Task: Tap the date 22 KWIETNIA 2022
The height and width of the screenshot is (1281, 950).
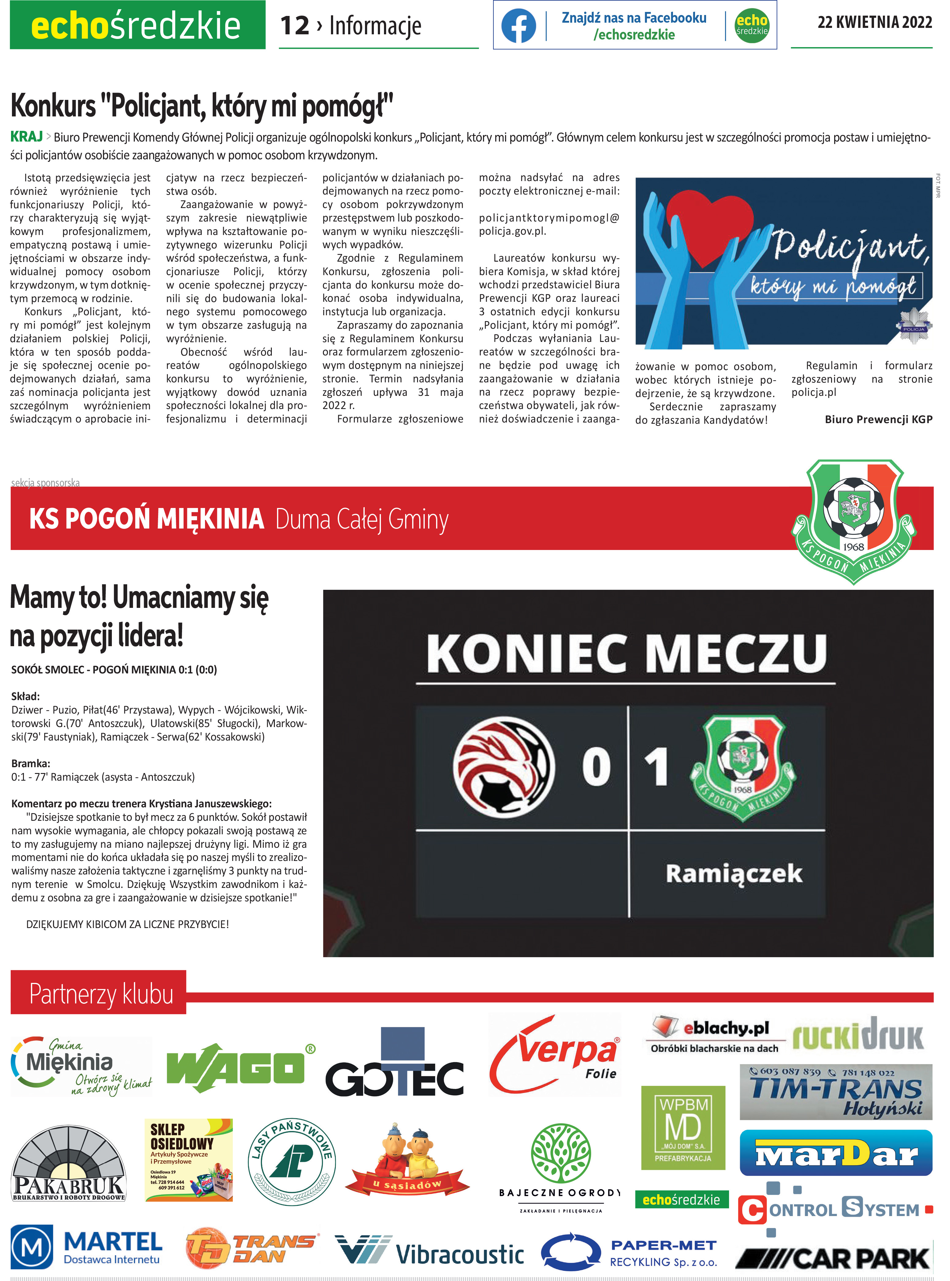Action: tap(874, 22)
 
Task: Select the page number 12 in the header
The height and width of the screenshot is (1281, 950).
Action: tap(294, 26)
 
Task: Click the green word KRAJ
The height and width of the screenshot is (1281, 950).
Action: tap(26, 137)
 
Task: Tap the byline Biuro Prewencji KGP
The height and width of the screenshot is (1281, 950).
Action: tap(878, 419)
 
